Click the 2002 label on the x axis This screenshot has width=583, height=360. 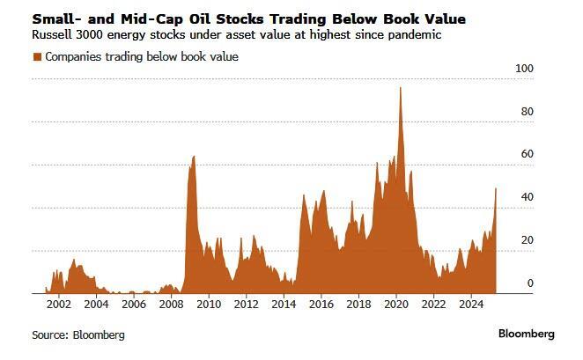(x=58, y=305)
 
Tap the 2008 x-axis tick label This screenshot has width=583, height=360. (x=170, y=305)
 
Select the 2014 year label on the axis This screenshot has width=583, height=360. (x=283, y=305)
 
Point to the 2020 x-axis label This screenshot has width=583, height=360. (x=395, y=305)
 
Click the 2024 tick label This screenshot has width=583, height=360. (x=470, y=305)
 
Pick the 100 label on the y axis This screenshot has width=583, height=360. (x=525, y=69)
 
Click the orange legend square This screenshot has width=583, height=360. (x=37, y=57)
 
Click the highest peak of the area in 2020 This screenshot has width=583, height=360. (x=401, y=87)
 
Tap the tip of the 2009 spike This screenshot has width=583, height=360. (x=194, y=156)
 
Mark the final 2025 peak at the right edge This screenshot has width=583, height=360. (x=496, y=188)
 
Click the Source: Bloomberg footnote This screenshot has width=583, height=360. (x=77, y=335)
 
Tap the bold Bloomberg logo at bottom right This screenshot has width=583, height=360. (x=526, y=334)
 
